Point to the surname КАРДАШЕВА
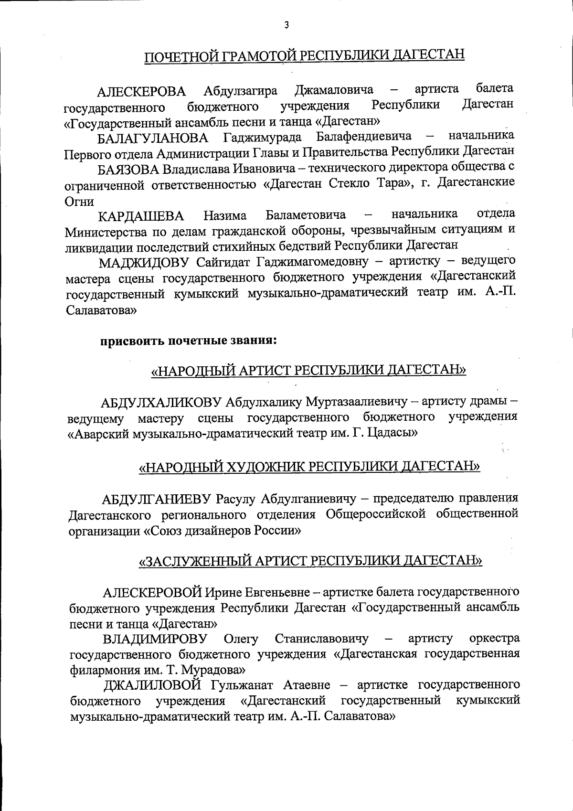(141, 216)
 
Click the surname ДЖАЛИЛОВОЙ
(152, 686)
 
